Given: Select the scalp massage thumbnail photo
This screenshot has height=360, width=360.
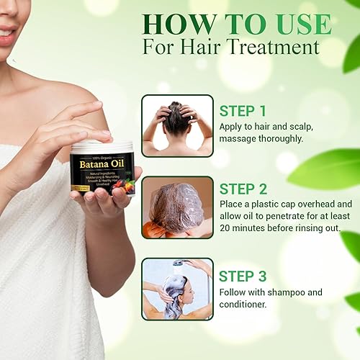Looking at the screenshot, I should pos(177,125).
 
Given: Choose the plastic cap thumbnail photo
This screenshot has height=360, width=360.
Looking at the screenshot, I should pos(177,207).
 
